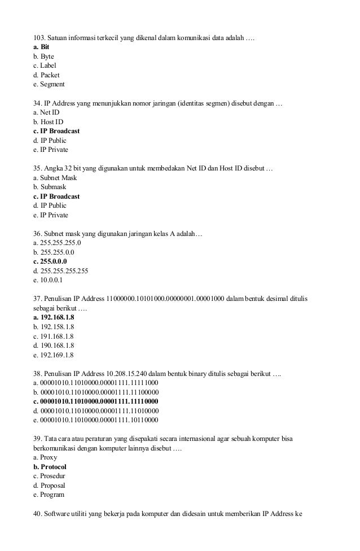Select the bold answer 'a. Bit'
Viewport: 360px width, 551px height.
(41, 47)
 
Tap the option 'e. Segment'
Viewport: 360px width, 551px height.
(49, 84)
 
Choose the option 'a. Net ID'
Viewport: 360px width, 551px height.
(46, 112)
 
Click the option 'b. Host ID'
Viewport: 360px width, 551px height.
(48, 121)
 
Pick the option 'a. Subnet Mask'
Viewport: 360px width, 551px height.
(55, 177)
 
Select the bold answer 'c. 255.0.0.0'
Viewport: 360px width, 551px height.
(50, 261)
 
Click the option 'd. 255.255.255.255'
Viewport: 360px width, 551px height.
(60, 270)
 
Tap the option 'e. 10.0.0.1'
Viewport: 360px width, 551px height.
(48, 280)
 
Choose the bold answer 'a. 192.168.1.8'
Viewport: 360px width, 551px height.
(54, 317)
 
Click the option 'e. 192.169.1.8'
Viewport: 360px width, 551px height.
(54, 355)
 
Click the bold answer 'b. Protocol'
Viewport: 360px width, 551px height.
(50, 467)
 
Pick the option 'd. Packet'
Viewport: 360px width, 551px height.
(46, 75)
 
